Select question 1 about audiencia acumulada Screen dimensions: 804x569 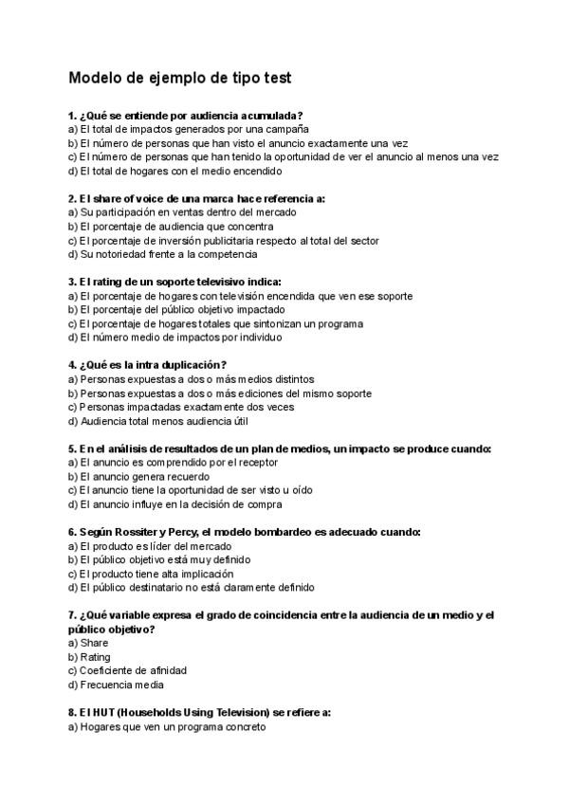pos(186,115)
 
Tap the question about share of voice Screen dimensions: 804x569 pos(196,198)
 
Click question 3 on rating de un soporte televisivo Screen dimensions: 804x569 pos(174,282)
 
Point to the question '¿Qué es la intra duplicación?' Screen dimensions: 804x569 pos(146,365)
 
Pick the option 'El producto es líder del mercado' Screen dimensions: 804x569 pos(150,546)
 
